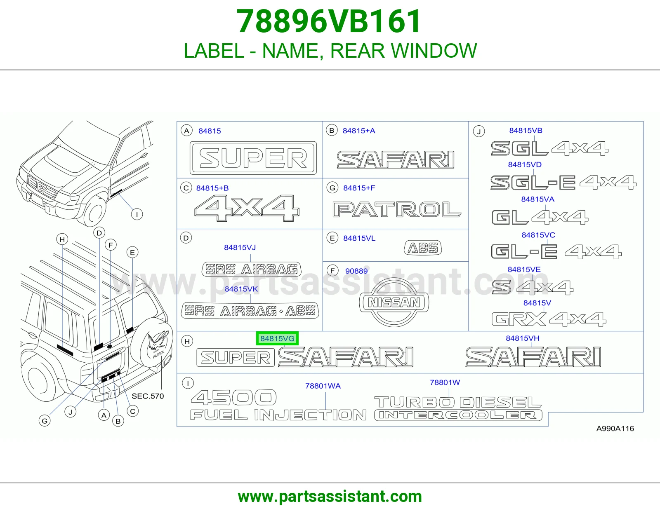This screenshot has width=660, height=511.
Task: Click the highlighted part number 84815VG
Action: [277, 338]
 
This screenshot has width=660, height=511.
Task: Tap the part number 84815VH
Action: [522, 338]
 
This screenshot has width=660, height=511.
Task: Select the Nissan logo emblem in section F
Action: [394, 302]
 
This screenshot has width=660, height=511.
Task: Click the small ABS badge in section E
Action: [423, 248]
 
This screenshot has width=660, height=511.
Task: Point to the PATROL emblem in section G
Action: [397, 210]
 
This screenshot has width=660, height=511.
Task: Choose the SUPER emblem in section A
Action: [253, 158]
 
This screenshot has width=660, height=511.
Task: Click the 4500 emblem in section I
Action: [233, 398]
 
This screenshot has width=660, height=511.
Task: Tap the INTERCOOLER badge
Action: [458, 415]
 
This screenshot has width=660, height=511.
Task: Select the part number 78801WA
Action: [323, 386]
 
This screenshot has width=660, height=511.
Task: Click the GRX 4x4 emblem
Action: [549, 319]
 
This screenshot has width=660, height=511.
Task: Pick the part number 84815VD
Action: [525, 164]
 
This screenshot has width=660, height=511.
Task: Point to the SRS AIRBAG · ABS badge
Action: [250, 310]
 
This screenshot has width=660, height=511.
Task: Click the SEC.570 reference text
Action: [148, 396]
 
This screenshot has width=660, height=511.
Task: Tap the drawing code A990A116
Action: [615, 429]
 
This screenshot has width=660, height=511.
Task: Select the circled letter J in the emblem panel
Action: [479, 131]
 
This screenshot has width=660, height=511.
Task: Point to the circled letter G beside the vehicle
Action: [45, 421]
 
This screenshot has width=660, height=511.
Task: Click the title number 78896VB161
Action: [329, 21]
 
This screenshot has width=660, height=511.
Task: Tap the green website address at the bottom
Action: [330, 497]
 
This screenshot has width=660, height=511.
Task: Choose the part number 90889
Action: [356, 271]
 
